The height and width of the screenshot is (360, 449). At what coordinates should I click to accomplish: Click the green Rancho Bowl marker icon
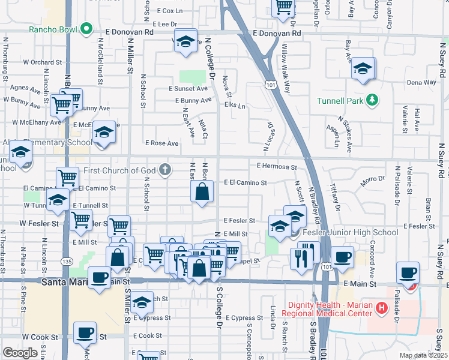[x=87, y=28]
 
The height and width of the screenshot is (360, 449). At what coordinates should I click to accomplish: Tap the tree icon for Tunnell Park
[x=372, y=100]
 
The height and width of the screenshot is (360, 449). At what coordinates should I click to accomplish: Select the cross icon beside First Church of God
[x=166, y=170]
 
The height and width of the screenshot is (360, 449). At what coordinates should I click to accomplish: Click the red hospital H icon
[x=381, y=309]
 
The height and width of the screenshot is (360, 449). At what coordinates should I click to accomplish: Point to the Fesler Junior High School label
[x=351, y=232]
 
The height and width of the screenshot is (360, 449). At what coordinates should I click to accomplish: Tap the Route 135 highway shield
[x=67, y=262]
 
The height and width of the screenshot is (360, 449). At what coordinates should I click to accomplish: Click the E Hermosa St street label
[x=277, y=166]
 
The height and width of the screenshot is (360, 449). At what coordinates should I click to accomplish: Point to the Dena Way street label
[x=421, y=82]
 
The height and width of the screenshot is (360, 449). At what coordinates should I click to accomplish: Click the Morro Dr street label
[x=372, y=179]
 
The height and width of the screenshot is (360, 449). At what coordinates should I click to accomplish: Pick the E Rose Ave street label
[x=162, y=143]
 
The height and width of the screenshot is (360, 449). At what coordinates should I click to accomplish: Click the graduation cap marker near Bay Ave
[x=363, y=69]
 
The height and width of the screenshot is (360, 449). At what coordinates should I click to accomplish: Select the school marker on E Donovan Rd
[x=186, y=40]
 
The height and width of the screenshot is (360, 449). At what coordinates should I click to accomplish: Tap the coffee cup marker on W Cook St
[x=85, y=332]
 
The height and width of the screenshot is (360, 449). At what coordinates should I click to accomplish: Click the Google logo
[x=20, y=353]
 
